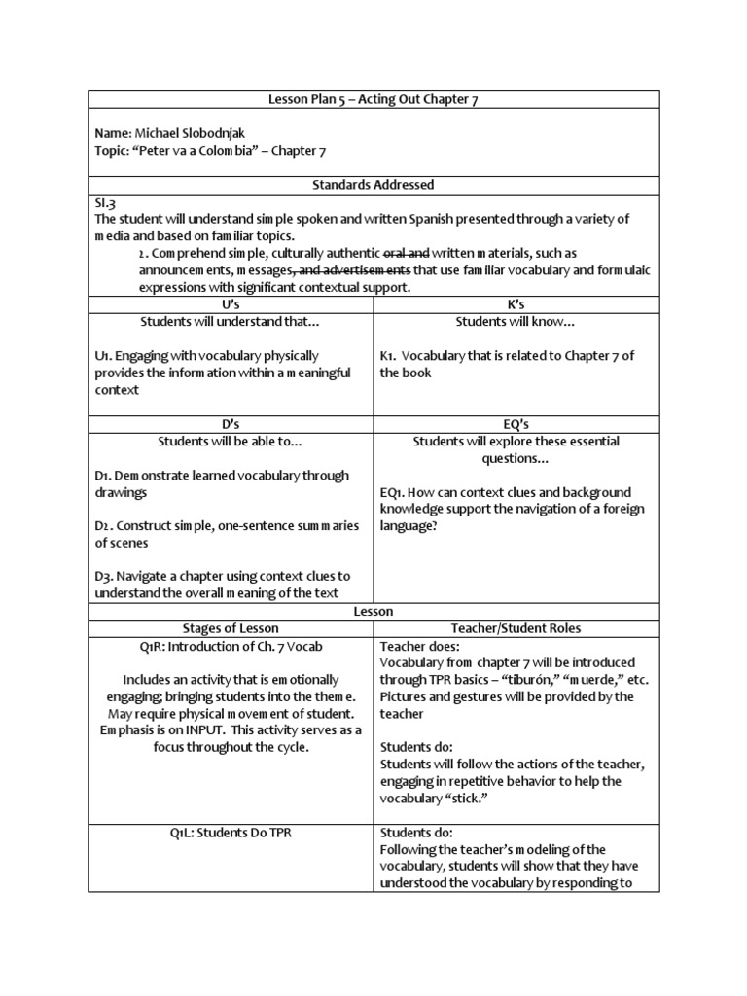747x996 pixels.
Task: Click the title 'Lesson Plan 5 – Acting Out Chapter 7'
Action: (x=373, y=99)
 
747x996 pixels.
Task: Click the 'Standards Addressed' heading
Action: (x=373, y=184)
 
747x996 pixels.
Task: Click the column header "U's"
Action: (x=231, y=304)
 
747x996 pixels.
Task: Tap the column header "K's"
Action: (x=516, y=304)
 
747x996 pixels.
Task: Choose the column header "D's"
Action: (x=231, y=424)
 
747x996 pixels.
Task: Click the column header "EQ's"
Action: (x=516, y=424)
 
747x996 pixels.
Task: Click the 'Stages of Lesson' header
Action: (x=231, y=628)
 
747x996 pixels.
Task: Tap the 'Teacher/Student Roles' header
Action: (x=516, y=628)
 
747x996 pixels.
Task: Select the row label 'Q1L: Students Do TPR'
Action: (x=231, y=833)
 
